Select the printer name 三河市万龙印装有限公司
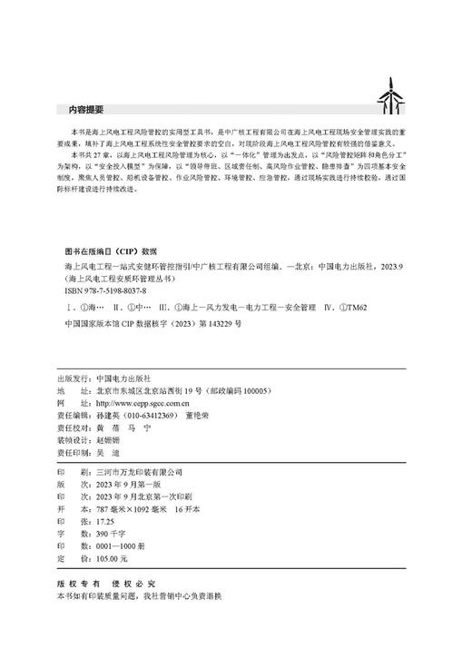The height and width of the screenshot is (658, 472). point(131,472)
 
